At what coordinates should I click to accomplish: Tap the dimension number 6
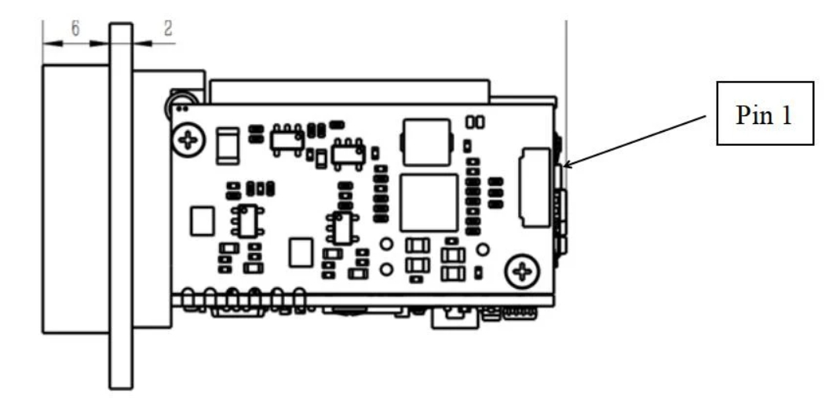[75, 28]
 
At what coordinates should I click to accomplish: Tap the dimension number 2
[167, 28]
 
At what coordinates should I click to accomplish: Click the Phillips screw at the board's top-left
[188, 140]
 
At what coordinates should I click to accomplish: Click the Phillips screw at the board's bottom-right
[522, 272]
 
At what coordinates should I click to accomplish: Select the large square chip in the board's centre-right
[429, 202]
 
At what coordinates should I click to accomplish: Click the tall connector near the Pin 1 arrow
[533, 185]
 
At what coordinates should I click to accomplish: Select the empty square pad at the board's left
[203, 221]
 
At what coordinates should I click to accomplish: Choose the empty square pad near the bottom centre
[301, 253]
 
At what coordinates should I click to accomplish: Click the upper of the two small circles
[386, 244]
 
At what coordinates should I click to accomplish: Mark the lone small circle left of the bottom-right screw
[484, 250]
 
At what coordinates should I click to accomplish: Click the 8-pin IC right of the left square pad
[249, 221]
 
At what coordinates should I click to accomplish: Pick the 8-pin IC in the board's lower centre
[342, 228]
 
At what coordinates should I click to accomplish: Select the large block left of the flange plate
[75, 199]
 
